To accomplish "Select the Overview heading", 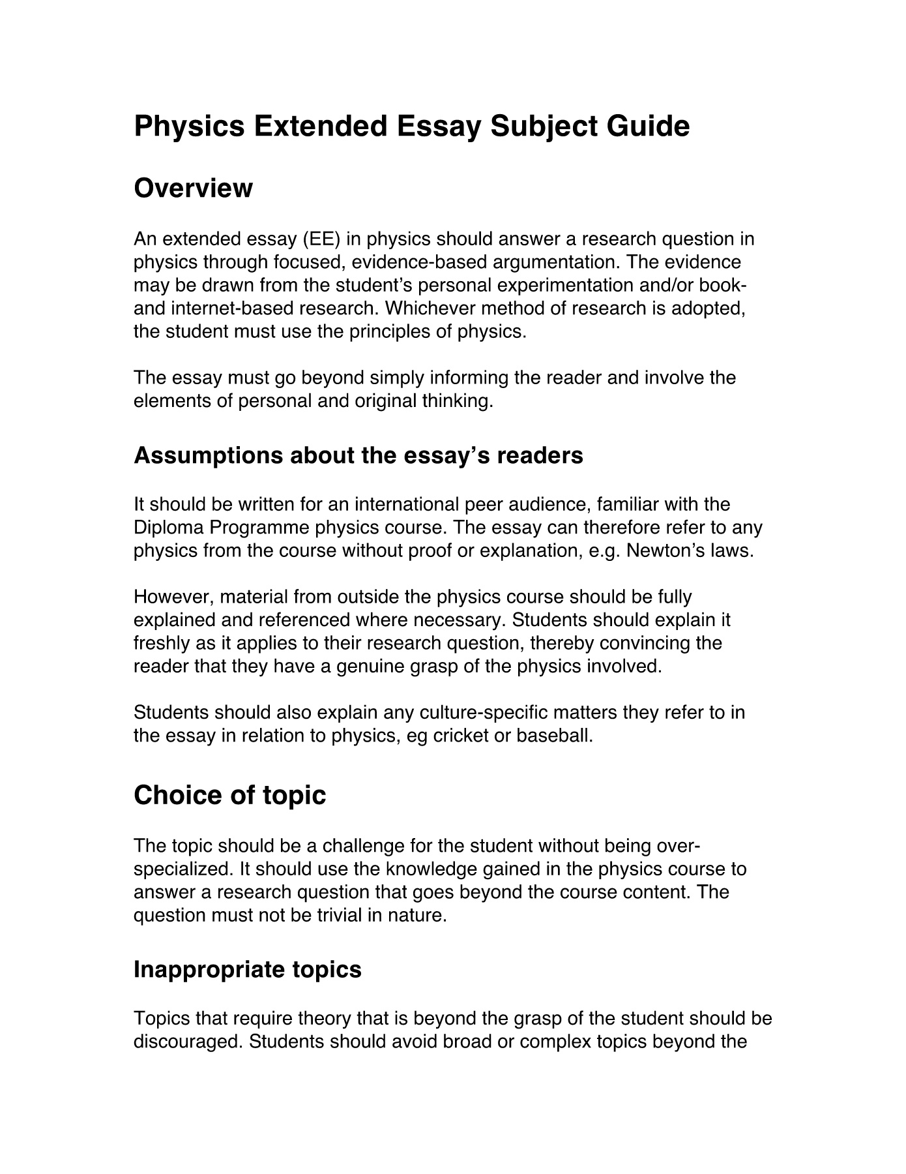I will (193, 188).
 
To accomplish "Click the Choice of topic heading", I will (229, 795).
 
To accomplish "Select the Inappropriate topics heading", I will (247, 969).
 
